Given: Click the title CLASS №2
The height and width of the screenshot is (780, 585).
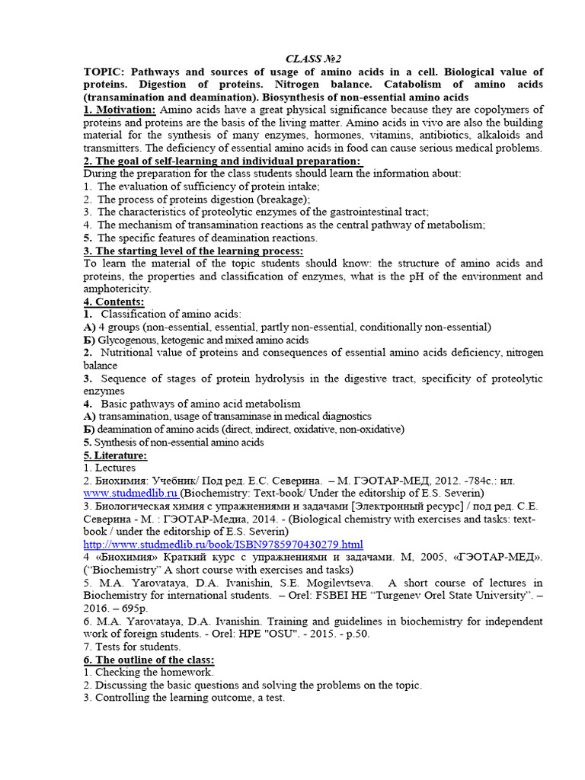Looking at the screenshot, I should [313, 59].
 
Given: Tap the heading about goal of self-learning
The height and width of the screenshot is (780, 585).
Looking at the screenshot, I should [222, 161].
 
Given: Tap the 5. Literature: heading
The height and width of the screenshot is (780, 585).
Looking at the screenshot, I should [115, 456].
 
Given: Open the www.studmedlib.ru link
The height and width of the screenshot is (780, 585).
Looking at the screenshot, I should [130, 494].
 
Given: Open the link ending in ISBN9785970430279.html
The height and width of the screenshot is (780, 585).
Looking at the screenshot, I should [222, 545].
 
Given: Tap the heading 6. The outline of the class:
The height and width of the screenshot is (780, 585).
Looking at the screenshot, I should [149, 660].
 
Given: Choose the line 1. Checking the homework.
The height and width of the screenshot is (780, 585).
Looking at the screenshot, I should [149, 673].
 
